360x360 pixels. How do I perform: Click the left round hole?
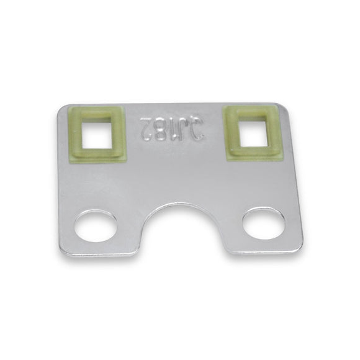click(x=96, y=227)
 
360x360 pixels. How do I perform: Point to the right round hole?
click(x=263, y=225)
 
